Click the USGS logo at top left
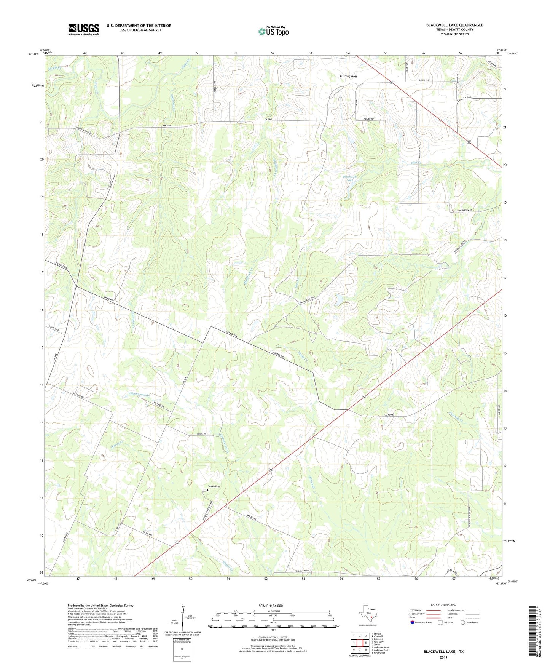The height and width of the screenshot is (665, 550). [83, 29]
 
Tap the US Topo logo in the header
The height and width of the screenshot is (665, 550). [273, 31]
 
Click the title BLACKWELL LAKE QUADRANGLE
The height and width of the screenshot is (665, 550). [454, 25]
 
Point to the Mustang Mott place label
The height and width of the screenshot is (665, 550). [348, 76]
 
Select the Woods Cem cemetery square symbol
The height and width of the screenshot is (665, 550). [208, 490]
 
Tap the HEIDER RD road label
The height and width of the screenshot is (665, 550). [368, 119]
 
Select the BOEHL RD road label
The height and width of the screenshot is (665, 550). [201, 433]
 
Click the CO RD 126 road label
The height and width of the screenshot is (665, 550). [426, 80]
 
